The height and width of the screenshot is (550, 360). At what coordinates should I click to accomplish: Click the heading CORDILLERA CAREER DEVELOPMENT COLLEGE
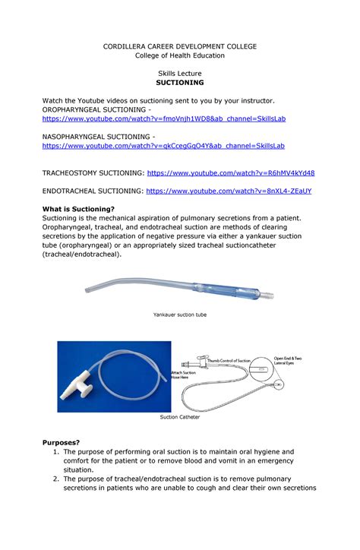click(x=180, y=46)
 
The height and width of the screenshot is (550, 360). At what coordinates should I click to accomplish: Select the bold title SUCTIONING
click(x=180, y=83)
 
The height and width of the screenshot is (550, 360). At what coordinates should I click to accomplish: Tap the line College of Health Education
click(x=180, y=55)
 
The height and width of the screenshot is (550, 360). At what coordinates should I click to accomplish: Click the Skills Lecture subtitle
click(x=180, y=73)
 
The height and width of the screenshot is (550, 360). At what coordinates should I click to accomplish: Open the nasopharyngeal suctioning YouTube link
click(x=163, y=145)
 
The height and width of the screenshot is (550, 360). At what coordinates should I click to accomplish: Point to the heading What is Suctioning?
click(x=78, y=209)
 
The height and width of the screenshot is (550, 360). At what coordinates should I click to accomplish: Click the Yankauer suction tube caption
click(x=180, y=314)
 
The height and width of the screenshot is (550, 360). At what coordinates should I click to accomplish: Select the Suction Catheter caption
click(x=180, y=417)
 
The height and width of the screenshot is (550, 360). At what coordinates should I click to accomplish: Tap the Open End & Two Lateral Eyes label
click(x=288, y=361)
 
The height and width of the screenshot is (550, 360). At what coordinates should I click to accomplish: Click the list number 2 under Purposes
click(x=55, y=479)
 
